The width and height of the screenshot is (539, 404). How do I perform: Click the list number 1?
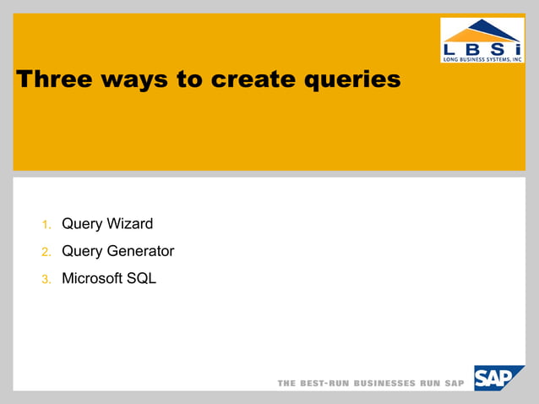(x=46, y=225)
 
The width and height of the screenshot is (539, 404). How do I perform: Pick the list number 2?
(x=46, y=252)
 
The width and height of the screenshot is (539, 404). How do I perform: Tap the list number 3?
(x=46, y=279)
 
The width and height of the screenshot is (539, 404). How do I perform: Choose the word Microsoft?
(x=92, y=278)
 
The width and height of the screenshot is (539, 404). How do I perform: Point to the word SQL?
(x=141, y=278)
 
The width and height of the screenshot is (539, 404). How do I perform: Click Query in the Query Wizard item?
(x=82, y=224)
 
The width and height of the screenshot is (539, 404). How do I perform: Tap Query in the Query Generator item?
(x=82, y=251)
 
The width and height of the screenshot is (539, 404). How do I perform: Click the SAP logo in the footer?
(x=498, y=378)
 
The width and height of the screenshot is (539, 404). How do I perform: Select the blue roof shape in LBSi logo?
(x=482, y=30)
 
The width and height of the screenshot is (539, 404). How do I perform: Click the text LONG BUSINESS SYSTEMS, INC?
(x=482, y=58)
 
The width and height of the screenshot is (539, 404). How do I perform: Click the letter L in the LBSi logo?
(x=451, y=48)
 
